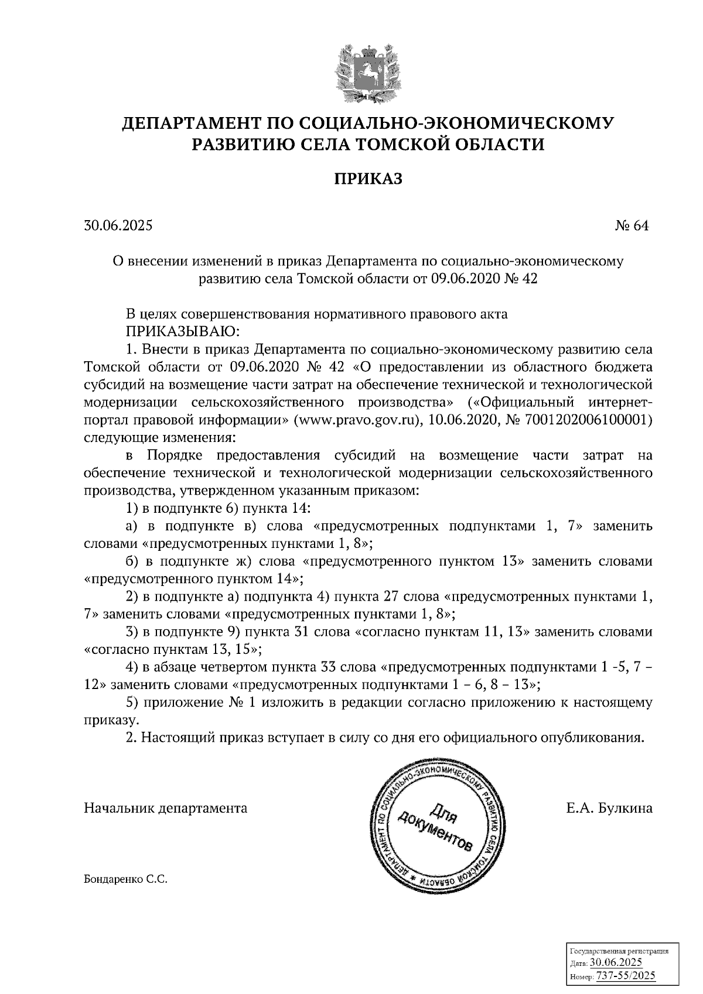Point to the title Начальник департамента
click(x=166, y=808)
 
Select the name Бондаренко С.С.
click(x=125, y=879)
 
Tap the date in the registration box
click(x=616, y=963)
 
